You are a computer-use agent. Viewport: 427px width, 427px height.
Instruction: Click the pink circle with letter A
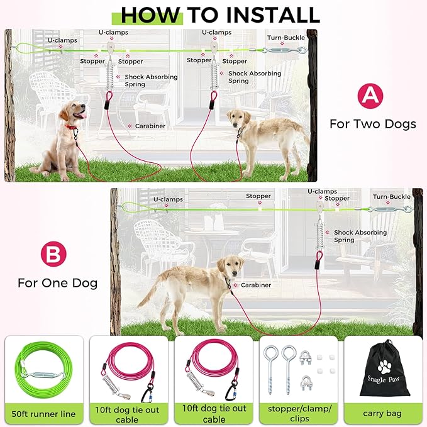click(x=370, y=96)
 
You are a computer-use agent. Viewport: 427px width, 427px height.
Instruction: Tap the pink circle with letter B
click(x=53, y=254)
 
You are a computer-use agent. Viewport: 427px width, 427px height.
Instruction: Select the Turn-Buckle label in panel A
click(x=286, y=38)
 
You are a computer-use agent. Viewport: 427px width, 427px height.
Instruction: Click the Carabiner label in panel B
click(x=256, y=285)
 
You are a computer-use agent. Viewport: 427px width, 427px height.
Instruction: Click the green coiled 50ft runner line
click(x=43, y=370)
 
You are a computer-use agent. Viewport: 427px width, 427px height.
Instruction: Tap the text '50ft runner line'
click(x=43, y=414)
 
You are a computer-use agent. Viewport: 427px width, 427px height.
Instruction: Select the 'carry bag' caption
click(x=382, y=413)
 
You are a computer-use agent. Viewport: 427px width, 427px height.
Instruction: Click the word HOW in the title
click(x=150, y=15)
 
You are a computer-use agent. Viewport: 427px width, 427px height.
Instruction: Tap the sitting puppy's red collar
click(x=71, y=127)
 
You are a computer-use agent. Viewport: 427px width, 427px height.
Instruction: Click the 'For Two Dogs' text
click(x=373, y=124)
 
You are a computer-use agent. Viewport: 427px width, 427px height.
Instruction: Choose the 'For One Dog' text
click(x=57, y=283)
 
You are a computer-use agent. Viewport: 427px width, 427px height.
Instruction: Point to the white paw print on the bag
click(x=384, y=366)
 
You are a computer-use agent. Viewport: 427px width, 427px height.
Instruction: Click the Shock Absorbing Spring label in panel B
click(x=360, y=236)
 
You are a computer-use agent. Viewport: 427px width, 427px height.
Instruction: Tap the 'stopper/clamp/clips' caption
click(x=299, y=413)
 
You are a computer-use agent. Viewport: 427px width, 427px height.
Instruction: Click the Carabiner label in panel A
click(x=150, y=126)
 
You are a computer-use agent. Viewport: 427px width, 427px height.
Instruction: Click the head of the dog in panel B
click(x=232, y=267)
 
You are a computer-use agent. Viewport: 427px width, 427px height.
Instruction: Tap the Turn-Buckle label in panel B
click(x=392, y=197)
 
